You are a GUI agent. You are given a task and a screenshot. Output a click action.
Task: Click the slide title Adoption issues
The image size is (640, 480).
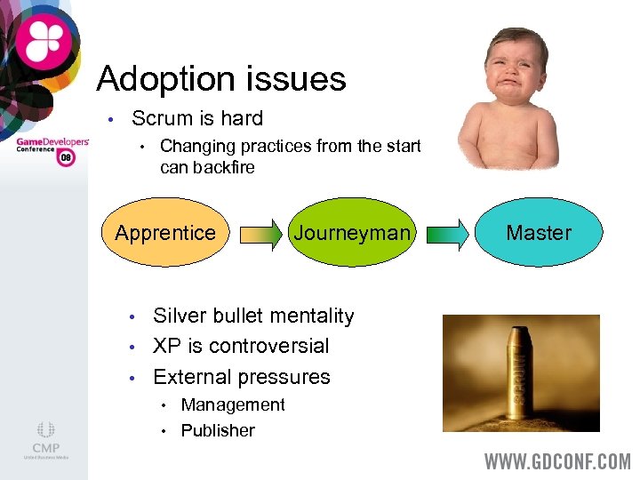220,79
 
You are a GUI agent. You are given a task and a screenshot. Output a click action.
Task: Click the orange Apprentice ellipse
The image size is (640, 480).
164,233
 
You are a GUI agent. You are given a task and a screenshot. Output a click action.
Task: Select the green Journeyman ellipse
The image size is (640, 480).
353,233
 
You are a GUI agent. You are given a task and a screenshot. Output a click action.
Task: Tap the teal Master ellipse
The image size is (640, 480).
539,233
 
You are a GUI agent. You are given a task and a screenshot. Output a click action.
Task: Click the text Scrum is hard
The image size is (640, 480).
196,118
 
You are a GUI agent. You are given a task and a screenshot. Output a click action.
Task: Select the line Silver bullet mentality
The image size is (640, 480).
253,316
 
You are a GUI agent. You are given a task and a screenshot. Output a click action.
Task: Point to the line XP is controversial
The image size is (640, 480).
241,346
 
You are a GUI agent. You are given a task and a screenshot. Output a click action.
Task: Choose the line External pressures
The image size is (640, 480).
241,377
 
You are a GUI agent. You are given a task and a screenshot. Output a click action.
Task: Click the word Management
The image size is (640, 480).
233,405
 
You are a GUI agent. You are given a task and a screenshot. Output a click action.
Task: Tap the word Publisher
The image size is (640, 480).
218,431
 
